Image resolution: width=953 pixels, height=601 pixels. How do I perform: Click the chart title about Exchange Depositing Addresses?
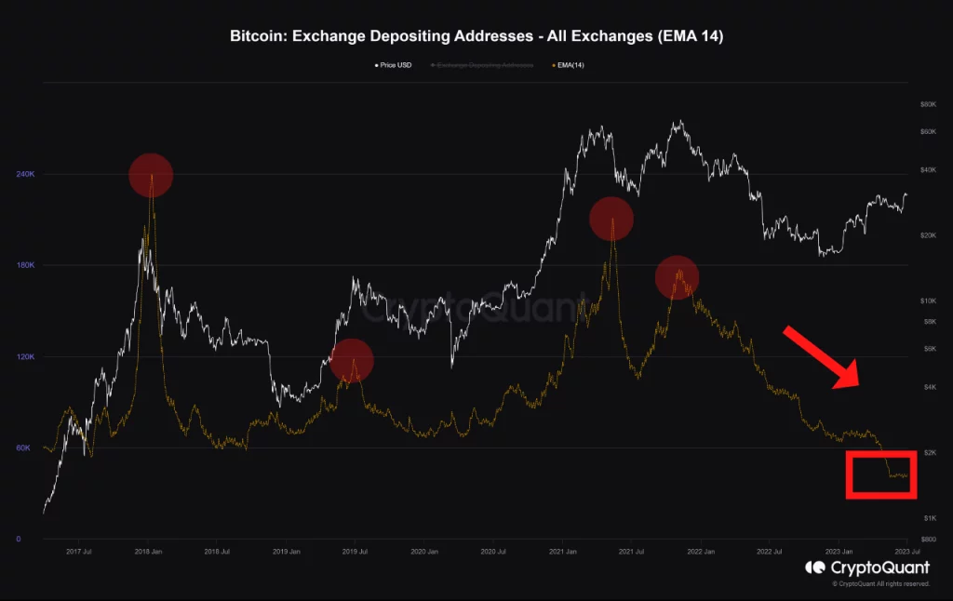(476, 36)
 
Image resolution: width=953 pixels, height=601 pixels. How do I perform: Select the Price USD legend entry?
(392, 65)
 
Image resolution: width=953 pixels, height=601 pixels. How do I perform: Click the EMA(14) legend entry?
(569, 65)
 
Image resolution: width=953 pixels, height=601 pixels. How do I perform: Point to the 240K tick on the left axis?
(25, 174)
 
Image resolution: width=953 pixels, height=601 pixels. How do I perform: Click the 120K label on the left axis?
(25, 357)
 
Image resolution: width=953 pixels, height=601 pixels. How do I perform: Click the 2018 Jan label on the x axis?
(148, 552)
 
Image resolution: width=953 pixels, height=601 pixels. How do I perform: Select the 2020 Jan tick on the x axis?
(423, 552)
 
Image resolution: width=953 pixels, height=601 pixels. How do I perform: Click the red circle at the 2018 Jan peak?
(151, 176)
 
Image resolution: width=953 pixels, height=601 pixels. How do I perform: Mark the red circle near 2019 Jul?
(352, 361)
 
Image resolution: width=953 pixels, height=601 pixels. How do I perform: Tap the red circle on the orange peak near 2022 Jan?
(677, 277)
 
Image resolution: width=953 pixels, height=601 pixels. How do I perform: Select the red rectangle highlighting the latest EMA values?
(881, 474)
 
